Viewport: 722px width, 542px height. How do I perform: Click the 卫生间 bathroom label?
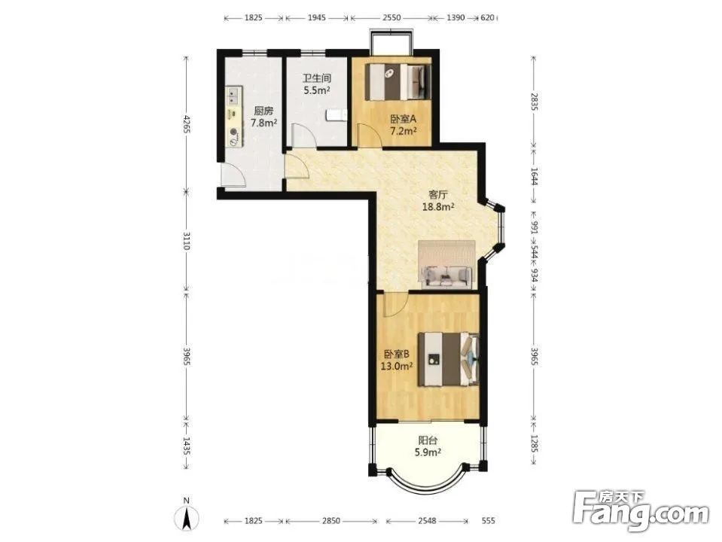pos(316,78)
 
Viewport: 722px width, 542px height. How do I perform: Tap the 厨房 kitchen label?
pos(264,111)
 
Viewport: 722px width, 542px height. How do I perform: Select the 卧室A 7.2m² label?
pos(404,125)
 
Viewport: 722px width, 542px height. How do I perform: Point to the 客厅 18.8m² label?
pos(438,201)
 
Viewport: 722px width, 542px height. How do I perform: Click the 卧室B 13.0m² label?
pos(397,360)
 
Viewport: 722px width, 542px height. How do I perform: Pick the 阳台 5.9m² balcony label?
pos(428,446)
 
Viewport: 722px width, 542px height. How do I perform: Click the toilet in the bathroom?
pos(336,116)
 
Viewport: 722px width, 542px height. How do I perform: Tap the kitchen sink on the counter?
pos(233,96)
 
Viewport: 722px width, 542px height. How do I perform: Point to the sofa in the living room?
pos(446,276)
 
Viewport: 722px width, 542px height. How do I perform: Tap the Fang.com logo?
pos(641,512)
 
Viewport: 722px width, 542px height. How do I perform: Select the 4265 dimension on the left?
pos(187,123)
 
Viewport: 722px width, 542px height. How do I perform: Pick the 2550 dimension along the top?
pos(391,18)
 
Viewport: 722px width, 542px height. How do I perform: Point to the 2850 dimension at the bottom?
pos(331,521)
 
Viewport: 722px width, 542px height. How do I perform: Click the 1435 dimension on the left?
pos(187,446)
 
